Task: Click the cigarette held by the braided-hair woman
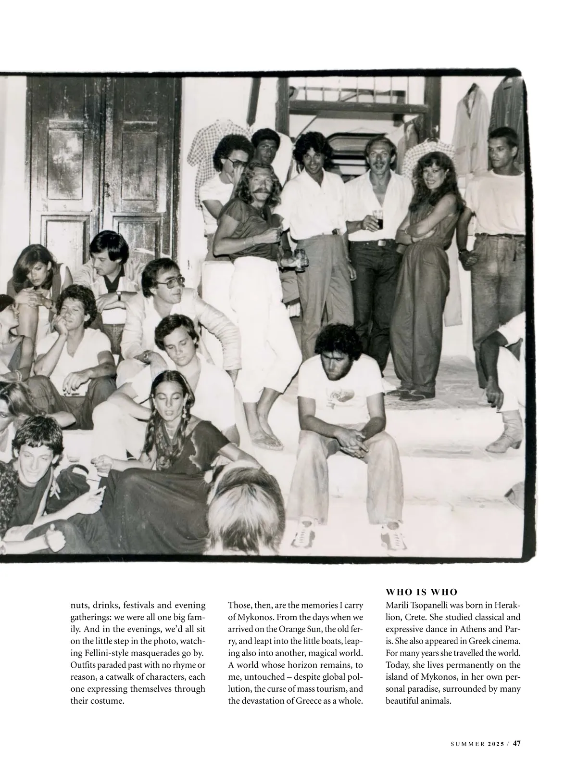(101, 490)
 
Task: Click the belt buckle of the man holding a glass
(381, 243)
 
